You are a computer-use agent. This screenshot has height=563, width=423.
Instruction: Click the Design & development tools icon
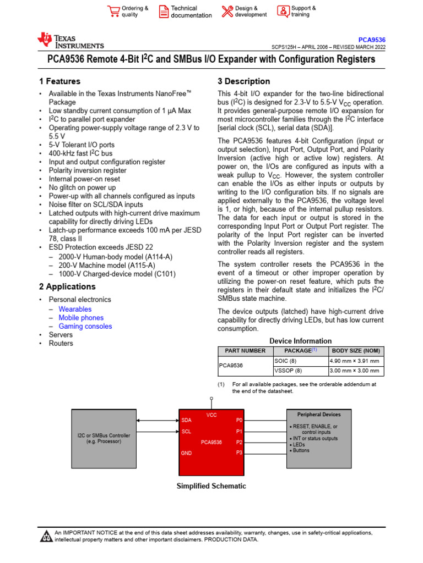point(227,12)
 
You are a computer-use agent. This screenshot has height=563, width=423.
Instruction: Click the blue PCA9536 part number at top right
point(372,40)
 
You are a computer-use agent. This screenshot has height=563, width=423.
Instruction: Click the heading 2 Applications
point(67,286)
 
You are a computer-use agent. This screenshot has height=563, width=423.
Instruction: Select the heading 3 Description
point(244,81)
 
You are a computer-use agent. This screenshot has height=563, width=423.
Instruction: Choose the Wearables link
point(75,309)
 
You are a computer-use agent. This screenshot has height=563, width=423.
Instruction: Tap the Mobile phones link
point(81,318)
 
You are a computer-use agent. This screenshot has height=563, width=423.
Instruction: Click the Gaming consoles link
point(85,327)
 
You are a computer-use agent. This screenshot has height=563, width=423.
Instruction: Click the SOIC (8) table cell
point(285,361)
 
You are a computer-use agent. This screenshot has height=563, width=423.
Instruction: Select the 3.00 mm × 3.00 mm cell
point(354,371)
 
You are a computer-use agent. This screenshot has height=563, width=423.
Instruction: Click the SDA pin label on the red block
point(186,420)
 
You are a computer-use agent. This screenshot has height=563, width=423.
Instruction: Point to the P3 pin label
point(239,452)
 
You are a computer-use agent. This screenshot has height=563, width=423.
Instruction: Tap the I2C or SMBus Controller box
point(104,438)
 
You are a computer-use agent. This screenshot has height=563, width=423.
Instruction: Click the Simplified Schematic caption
point(211,486)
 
